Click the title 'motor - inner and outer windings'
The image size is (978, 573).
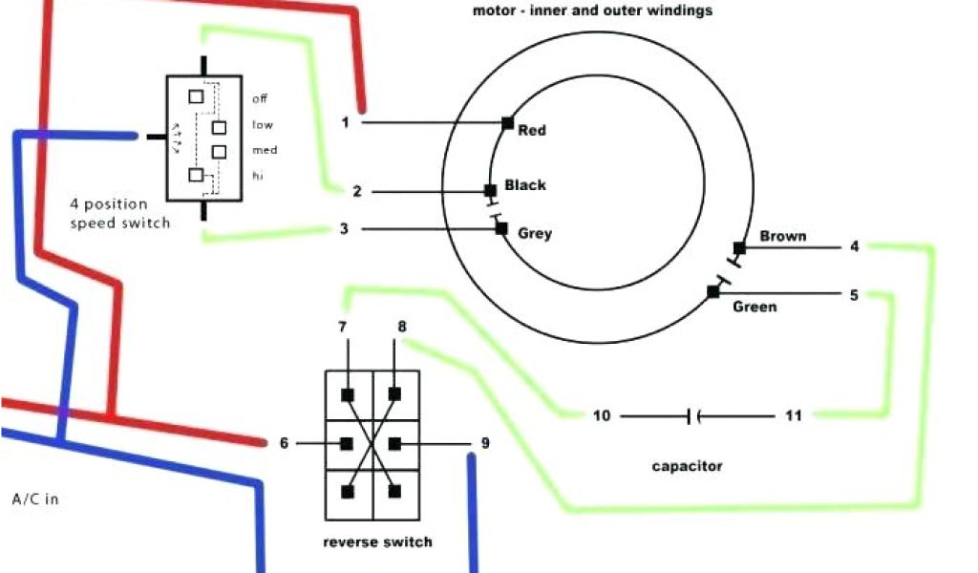[592, 11]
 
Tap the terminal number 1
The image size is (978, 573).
[346, 122]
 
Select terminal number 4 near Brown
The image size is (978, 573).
[854, 246]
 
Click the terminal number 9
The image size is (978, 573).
[485, 443]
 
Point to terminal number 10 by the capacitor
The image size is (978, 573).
[601, 415]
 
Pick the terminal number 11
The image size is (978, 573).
[794, 415]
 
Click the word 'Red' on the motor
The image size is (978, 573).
[532, 130]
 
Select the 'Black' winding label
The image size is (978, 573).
[525, 185]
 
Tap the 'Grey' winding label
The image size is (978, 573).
[535, 233]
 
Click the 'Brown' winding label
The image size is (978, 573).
[783, 236]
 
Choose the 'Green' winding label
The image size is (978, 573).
[755, 307]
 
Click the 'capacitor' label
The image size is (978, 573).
[687, 466]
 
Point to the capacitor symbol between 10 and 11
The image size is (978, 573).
[693, 415]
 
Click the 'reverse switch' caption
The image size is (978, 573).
[377, 541]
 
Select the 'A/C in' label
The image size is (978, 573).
[35, 499]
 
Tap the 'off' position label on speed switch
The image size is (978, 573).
[260, 98]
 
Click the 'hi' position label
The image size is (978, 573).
[258, 176]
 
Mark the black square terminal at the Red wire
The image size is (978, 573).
[507, 122]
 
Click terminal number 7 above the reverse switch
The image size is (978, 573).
[342, 327]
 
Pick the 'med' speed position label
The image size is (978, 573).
[265, 150]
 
